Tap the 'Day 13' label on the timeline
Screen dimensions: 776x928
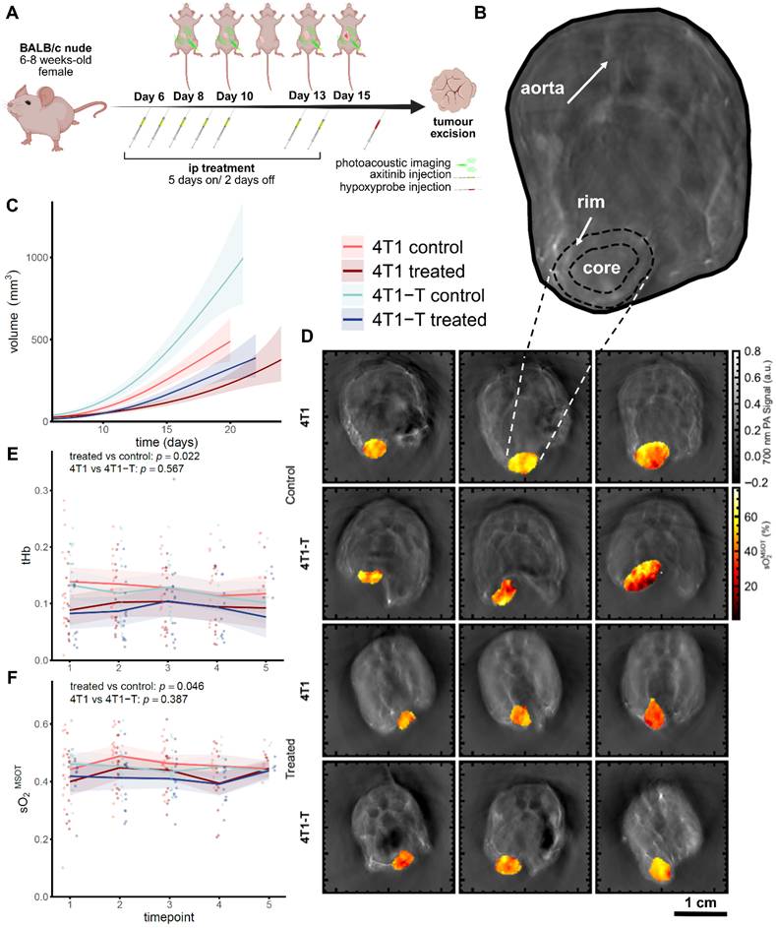click(x=307, y=95)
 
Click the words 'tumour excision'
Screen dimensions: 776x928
click(x=453, y=127)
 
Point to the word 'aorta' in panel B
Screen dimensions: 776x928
click(x=542, y=89)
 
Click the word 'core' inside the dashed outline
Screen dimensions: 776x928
click(x=602, y=268)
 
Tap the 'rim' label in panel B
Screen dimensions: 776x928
click(x=591, y=203)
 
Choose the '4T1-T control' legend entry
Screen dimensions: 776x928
click(x=414, y=295)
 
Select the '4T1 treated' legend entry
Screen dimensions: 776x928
click(x=403, y=271)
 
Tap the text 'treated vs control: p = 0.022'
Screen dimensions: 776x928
click(x=135, y=457)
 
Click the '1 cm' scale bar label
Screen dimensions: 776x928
click(x=700, y=902)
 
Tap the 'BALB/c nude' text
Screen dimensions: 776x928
click(x=63, y=48)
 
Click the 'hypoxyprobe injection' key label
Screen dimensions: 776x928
click(x=395, y=187)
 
